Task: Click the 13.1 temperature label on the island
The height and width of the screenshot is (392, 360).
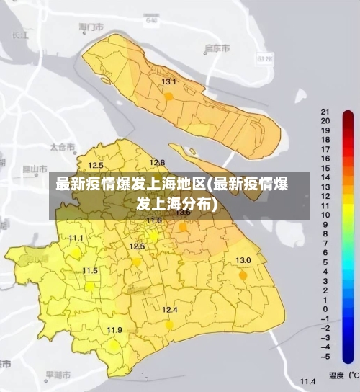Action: [x=168, y=82]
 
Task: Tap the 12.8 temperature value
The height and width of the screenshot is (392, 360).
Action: [x=157, y=163]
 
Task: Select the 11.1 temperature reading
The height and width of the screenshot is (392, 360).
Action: [x=76, y=238]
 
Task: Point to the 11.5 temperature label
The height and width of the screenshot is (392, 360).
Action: [x=90, y=271]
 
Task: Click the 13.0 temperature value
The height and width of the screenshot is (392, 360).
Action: [x=243, y=260]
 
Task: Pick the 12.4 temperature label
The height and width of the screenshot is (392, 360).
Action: [x=169, y=310]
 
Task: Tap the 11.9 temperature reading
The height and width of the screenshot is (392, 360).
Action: [x=114, y=330]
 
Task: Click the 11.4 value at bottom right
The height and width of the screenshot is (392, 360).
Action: [x=308, y=380]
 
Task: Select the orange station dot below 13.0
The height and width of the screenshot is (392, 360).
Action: [x=243, y=275]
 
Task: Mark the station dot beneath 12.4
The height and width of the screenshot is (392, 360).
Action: [x=169, y=324]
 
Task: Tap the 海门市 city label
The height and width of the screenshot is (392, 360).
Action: [x=91, y=27]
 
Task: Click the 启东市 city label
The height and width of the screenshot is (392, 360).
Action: [x=217, y=48]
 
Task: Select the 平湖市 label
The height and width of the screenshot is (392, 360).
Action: [x=58, y=375]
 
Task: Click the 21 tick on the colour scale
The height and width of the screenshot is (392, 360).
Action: [x=325, y=112]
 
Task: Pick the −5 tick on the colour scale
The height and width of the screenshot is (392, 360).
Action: [x=325, y=356]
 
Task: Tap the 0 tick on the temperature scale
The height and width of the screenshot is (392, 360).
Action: [x=325, y=308]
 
